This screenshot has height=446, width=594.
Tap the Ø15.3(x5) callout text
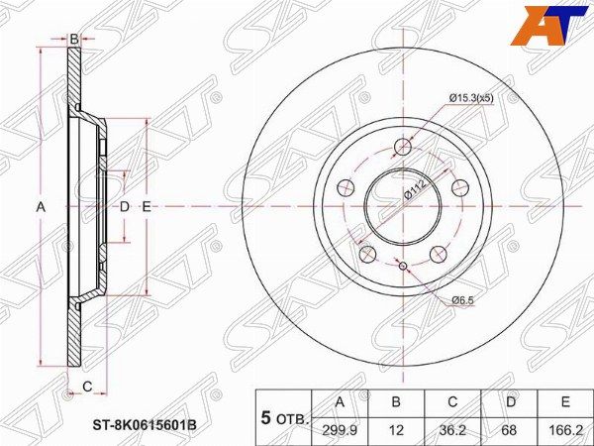click(x=473, y=97)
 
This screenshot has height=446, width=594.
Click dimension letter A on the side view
click(x=41, y=207)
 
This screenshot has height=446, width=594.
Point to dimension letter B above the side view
click(x=73, y=39)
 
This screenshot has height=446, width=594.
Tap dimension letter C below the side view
click(x=86, y=386)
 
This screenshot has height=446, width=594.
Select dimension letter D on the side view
click(x=125, y=207)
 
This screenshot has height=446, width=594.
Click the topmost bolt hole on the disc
click(x=403, y=147)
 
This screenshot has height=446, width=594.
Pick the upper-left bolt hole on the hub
click(x=345, y=186)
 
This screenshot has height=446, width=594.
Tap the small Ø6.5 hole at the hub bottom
click(x=403, y=264)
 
